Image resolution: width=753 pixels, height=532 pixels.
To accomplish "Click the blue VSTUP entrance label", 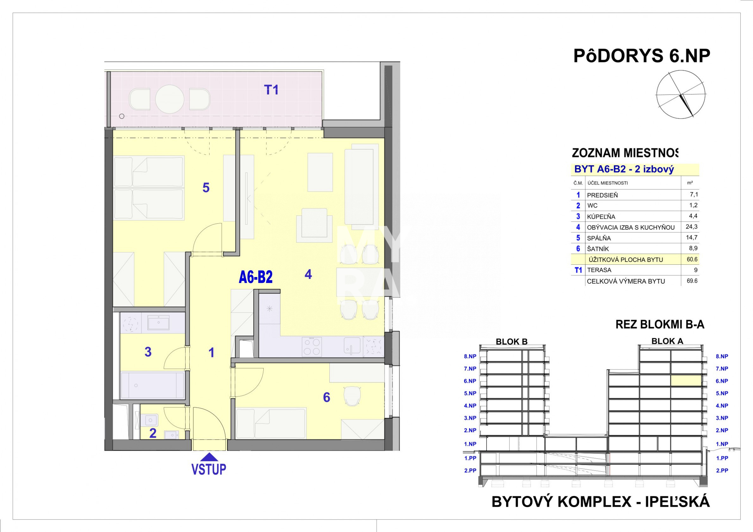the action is pos(209,469).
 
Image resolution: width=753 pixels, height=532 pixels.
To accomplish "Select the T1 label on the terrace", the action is pos(271,90).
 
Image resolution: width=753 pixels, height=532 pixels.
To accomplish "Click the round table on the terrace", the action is pos(170,99).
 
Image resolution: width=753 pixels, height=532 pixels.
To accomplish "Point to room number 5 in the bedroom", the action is pos(206,188).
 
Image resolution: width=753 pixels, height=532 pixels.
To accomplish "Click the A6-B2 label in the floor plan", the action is pos(256,277).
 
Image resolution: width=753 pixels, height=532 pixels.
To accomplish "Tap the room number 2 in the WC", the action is pos(153,433).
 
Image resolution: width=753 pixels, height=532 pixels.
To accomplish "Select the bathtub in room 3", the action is pos(153,385).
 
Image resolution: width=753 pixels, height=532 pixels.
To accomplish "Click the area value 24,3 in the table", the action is pos(692,226).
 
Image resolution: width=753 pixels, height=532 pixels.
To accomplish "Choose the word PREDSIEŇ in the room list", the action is pos(602,195).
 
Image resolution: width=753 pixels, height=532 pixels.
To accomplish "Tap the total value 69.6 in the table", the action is pos(692,281).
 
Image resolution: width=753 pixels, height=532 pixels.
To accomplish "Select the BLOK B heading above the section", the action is pos(511,342).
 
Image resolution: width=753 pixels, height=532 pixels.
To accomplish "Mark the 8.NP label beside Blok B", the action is pos(470,357).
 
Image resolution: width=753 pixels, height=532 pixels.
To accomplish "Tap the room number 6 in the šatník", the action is pos(327,397).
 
